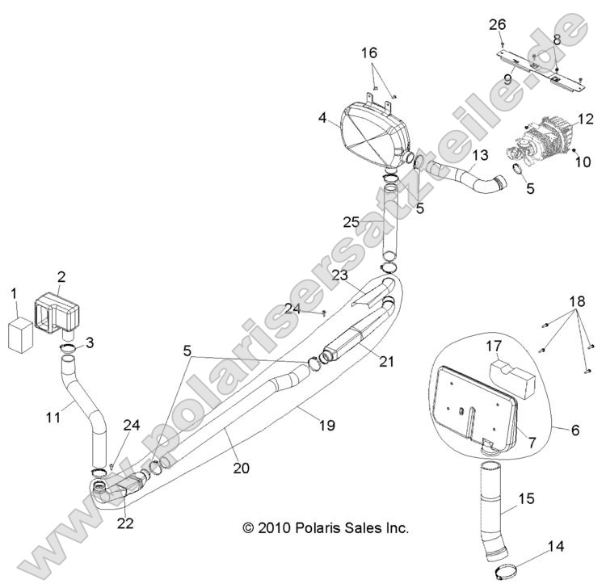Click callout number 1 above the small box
(13, 291)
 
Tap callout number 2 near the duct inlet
(61, 278)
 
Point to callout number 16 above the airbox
(368, 52)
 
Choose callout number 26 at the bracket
(498, 23)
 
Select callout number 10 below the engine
(583, 162)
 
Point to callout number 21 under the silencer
(387, 361)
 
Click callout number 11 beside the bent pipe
(52, 417)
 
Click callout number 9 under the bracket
(508, 79)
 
